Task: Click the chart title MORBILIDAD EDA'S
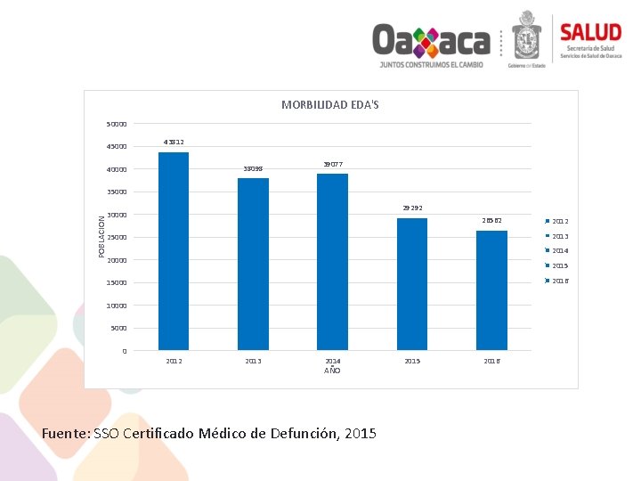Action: point(330,105)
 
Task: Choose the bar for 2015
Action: point(412,284)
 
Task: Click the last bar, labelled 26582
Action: point(491,290)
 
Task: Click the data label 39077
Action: point(332,164)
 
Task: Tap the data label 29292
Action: point(412,208)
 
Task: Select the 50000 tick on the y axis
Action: point(117,124)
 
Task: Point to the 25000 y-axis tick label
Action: point(117,238)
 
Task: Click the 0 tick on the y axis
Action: point(125,351)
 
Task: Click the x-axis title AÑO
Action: point(332,370)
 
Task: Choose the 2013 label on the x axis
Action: point(253,361)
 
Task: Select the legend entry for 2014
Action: point(560,251)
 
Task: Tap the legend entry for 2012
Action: point(560,221)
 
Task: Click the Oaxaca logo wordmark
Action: point(431,40)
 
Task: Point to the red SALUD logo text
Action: point(590,32)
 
